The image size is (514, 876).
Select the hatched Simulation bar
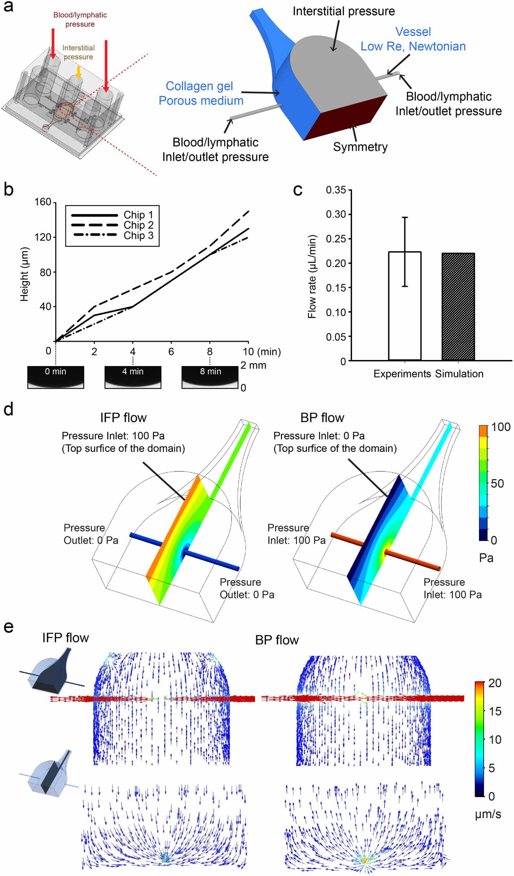pyautogui.click(x=458, y=306)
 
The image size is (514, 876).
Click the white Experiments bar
pyautogui.click(x=405, y=306)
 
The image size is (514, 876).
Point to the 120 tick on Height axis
pyautogui.click(x=43, y=237)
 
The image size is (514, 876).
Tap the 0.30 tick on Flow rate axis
pyautogui.click(x=336, y=214)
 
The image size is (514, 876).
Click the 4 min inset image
pyautogui.click(x=133, y=377)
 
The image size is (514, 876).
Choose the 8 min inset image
pyautogui.click(x=210, y=377)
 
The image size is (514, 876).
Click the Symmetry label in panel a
pyautogui.click(x=360, y=147)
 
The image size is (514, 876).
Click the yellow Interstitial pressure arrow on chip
pyautogui.click(x=78, y=72)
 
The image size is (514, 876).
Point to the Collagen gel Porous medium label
pyautogui.click(x=201, y=93)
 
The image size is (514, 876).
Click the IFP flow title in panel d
pyautogui.click(x=123, y=418)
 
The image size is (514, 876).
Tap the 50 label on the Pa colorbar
pyautogui.click(x=497, y=484)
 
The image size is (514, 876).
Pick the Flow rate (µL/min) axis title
pyautogui.click(x=312, y=277)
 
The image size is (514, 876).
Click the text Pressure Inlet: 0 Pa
pyautogui.click(x=319, y=436)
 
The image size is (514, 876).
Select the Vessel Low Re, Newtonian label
pyautogui.click(x=413, y=39)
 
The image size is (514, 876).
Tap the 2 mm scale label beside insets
pyautogui.click(x=253, y=365)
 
